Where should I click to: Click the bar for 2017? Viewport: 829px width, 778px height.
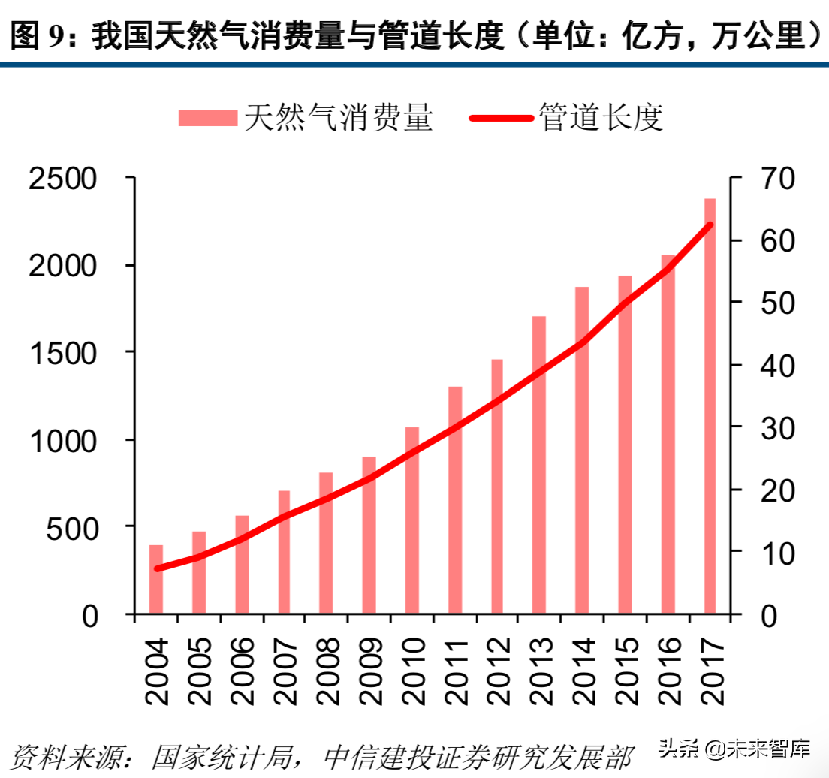[710, 406]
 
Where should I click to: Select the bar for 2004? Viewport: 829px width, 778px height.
[156, 579]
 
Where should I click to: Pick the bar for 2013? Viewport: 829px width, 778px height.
[539, 465]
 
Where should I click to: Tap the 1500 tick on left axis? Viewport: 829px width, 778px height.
[63, 353]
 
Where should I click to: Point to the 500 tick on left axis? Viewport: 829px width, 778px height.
[74, 528]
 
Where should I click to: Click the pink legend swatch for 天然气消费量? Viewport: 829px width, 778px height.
[208, 118]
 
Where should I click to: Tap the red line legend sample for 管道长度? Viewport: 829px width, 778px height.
[502, 118]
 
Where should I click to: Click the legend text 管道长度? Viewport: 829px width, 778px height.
[601, 118]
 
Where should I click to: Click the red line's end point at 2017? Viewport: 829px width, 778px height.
[709, 225]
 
